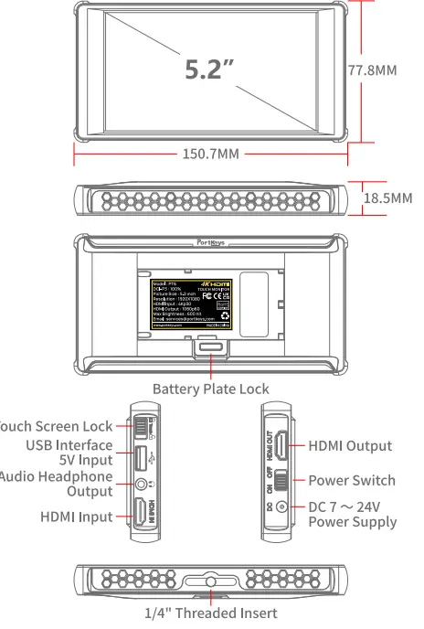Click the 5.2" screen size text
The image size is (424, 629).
pos(209,70)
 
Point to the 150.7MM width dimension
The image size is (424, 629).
pos(211,154)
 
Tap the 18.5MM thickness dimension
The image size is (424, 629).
pos(387,198)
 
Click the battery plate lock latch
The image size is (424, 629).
pos(211,346)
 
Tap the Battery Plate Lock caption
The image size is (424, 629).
pos(210,389)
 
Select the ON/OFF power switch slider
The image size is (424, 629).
pos(283,480)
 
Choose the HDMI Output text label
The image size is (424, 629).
pos(350,446)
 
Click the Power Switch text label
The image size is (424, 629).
pos(352,480)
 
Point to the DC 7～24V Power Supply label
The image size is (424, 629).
pos(353,515)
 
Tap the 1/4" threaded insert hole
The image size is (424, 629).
pos(211,581)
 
